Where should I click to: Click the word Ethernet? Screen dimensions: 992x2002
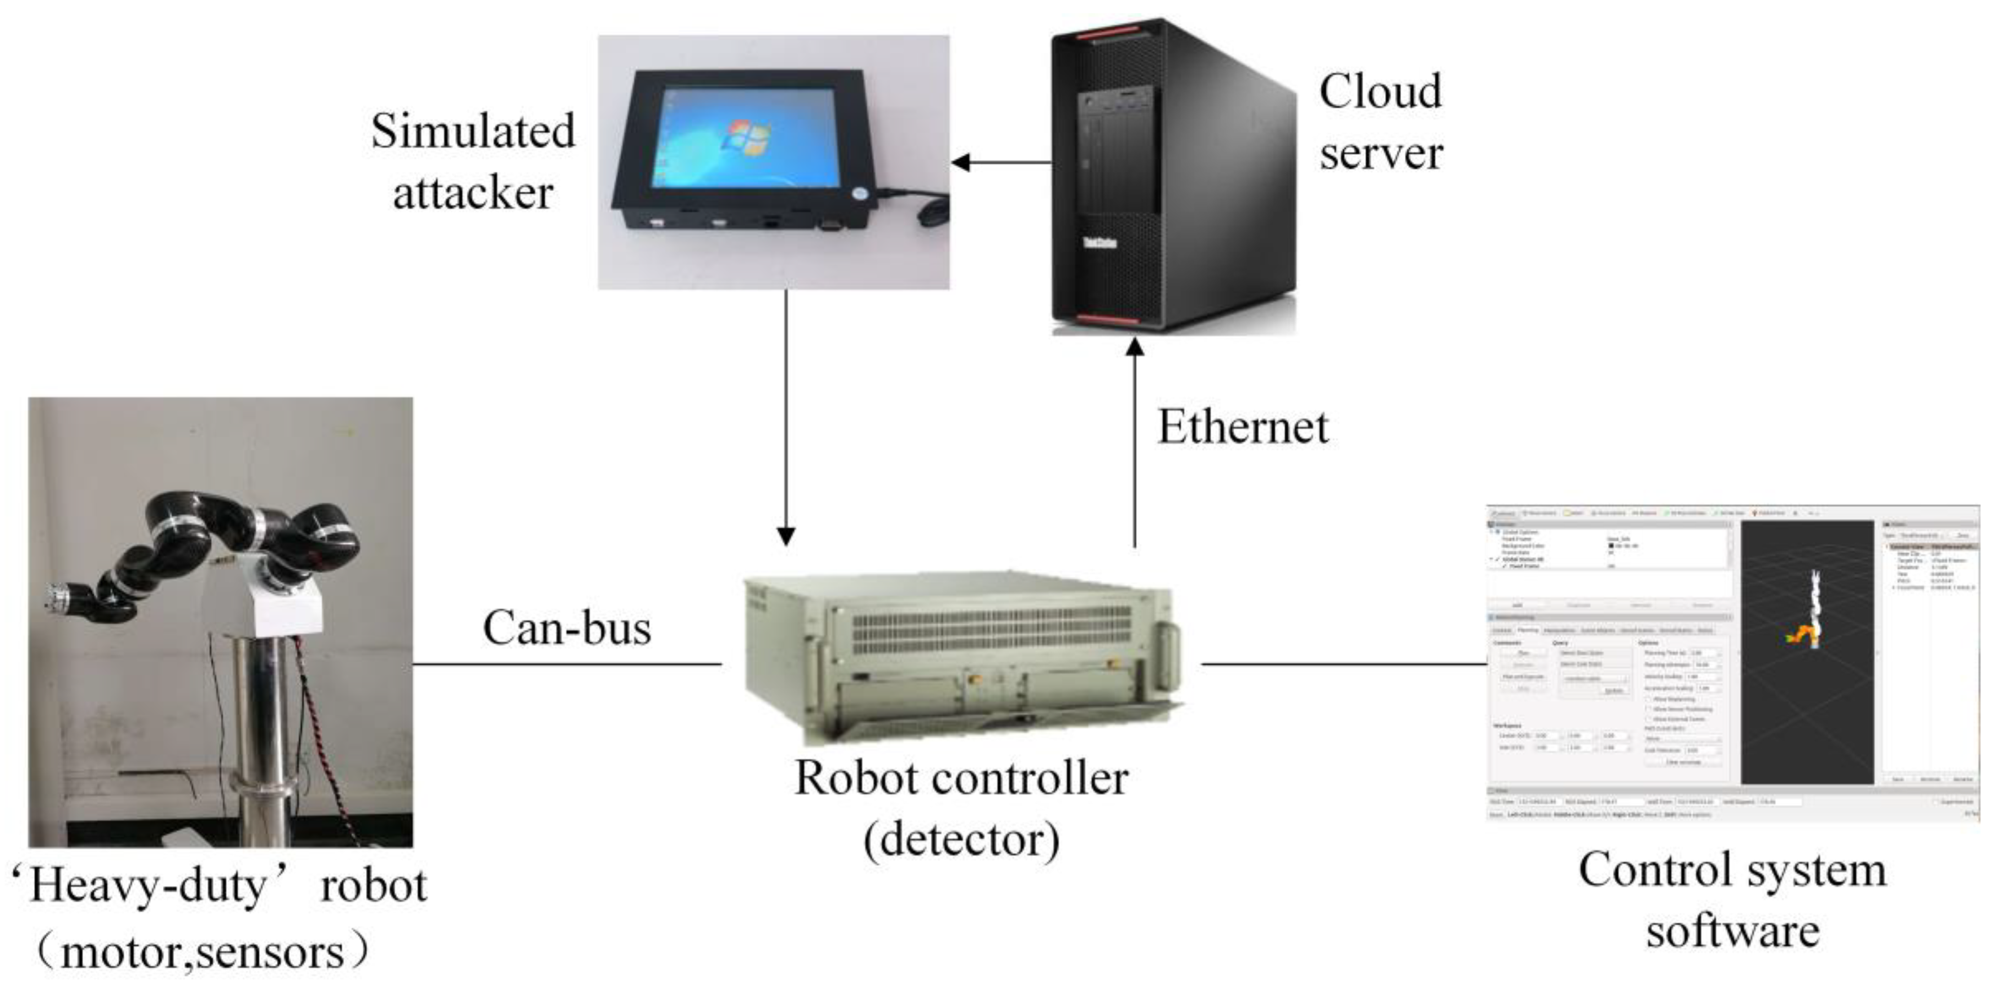tap(1243, 428)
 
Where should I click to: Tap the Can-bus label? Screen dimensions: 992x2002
tap(567, 628)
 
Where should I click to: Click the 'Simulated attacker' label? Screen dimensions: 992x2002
tap(473, 162)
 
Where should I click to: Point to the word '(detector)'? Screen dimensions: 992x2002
tap(961, 840)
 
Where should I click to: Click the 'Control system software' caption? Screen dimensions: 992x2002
tap(1732, 900)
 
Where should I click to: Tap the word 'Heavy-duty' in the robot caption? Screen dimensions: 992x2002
tap(147, 886)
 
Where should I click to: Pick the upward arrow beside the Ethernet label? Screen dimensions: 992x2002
tap(1135, 443)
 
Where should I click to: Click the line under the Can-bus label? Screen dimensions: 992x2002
tap(567, 664)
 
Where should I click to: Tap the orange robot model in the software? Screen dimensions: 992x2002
tap(1803, 634)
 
